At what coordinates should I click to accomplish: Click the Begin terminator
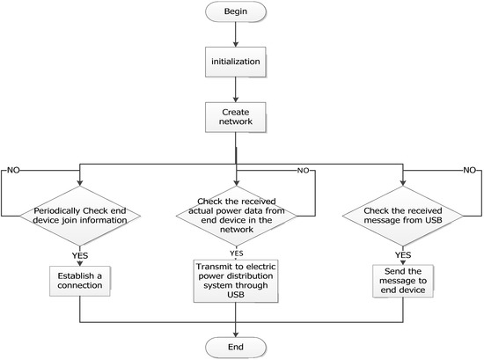tap(235, 15)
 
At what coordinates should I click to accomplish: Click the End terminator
tap(235, 346)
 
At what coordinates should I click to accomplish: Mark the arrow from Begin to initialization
tap(235, 38)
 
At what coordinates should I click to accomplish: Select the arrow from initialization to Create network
tap(235, 92)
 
